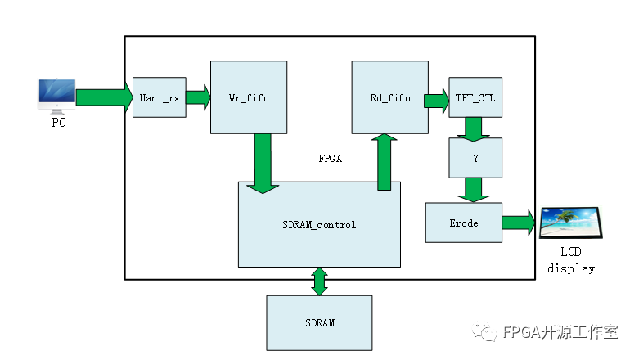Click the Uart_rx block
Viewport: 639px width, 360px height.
(x=160, y=97)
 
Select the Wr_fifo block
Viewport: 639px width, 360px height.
(x=248, y=97)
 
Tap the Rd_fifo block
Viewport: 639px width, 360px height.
(x=389, y=97)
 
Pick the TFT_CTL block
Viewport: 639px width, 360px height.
(x=475, y=98)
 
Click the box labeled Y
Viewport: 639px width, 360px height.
(x=475, y=158)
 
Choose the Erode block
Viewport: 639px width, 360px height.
(x=464, y=223)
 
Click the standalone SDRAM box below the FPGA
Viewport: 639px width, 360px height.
(x=319, y=322)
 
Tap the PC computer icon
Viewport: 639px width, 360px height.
(x=56, y=96)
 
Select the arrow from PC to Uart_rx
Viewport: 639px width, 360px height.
(x=104, y=97)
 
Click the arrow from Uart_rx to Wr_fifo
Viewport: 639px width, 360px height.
(x=198, y=97)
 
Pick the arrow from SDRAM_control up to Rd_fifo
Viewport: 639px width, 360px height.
(x=384, y=161)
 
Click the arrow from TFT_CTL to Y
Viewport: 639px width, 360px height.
(x=473, y=127)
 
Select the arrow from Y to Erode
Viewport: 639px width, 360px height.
(x=473, y=189)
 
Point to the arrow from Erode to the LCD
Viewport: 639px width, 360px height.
(x=519, y=222)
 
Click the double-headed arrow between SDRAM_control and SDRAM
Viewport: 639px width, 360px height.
(x=319, y=281)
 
